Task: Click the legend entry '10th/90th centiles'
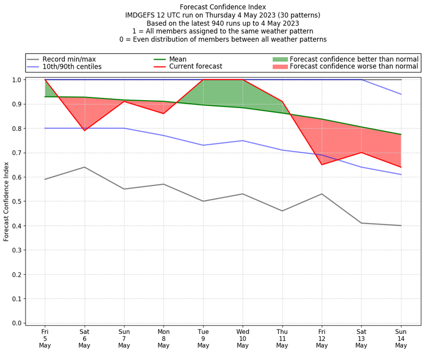(x=72, y=67)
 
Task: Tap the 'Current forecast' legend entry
(x=195, y=67)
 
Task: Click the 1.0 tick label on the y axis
(x=17, y=80)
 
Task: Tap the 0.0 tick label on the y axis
(x=17, y=323)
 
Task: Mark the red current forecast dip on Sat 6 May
(x=84, y=130)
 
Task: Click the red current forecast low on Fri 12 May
(x=322, y=165)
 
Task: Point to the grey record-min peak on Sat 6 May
(x=84, y=167)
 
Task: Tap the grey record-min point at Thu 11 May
(x=282, y=211)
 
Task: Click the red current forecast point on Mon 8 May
(x=163, y=113)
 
